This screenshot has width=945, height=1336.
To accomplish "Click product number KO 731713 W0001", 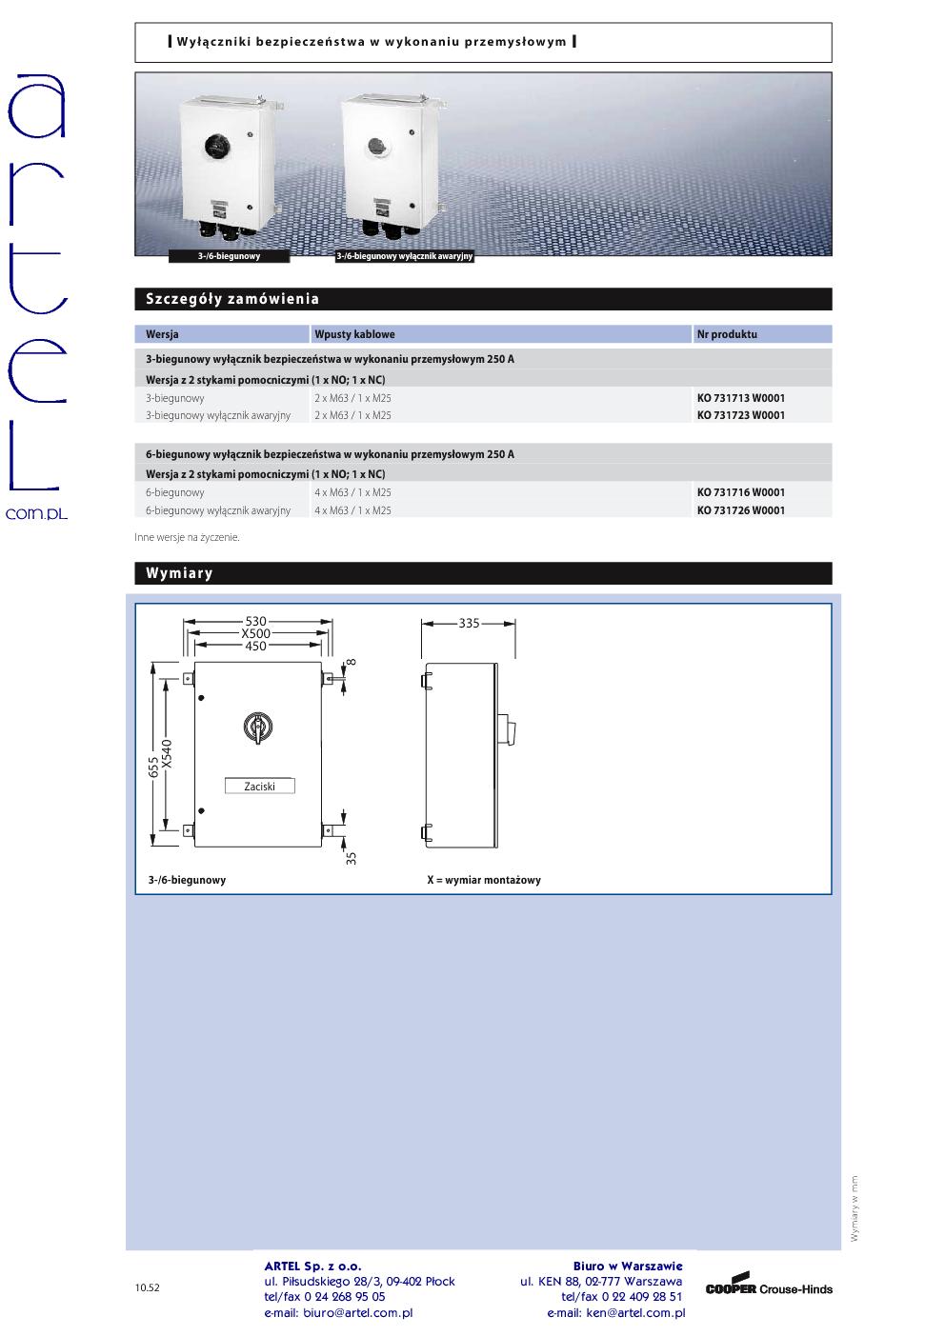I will pyautogui.click(x=740, y=398).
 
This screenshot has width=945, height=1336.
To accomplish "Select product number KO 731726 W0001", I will pyautogui.click(x=740, y=510).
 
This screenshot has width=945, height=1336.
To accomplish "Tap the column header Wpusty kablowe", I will pyautogui.click(x=354, y=334).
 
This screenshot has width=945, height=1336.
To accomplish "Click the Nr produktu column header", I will pyautogui.click(x=727, y=334).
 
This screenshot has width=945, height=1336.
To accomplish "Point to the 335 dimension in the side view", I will pyautogui.click(x=469, y=624).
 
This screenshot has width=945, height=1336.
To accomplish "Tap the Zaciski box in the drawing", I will pyautogui.click(x=259, y=787).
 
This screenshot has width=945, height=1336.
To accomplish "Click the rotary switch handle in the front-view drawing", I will pyautogui.click(x=258, y=728).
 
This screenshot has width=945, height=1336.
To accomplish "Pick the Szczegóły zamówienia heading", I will pyautogui.click(x=232, y=299).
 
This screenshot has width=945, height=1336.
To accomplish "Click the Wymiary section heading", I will pyautogui.click(x=179, y=573).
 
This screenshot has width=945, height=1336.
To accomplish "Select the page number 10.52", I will pyautogui.click(x=148, y=1287).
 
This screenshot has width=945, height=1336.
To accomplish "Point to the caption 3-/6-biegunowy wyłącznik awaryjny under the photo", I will pyautogui.click(x=405, y=256).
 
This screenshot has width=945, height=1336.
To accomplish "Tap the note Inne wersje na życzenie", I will pyautogui.click(x=188, y=537).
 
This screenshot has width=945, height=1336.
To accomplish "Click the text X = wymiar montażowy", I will pyautogui.click(x=484, y=880).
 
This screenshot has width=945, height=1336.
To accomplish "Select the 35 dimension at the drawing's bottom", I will pyautogui.click(x=351, y=857).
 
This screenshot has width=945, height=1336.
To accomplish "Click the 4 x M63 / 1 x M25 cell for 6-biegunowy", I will pyautogui.click(x=352, y=492).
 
